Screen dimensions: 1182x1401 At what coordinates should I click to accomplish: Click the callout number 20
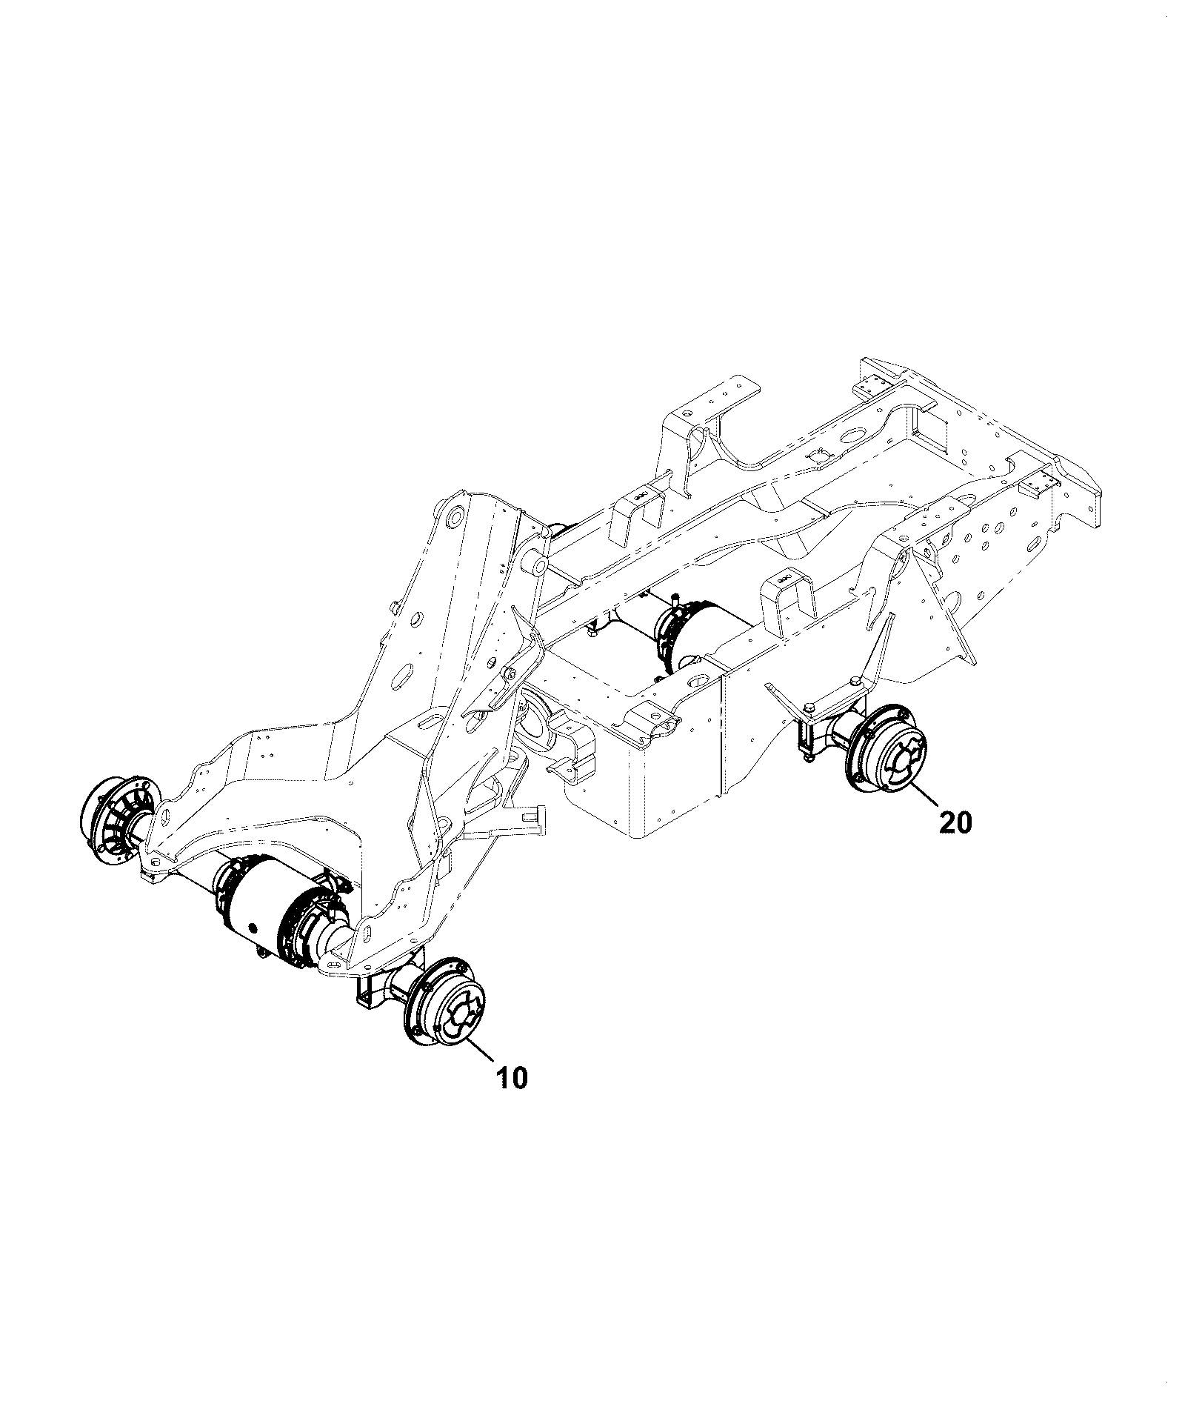[x=955, y=822]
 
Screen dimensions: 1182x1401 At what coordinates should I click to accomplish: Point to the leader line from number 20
[x=926, y=793]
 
